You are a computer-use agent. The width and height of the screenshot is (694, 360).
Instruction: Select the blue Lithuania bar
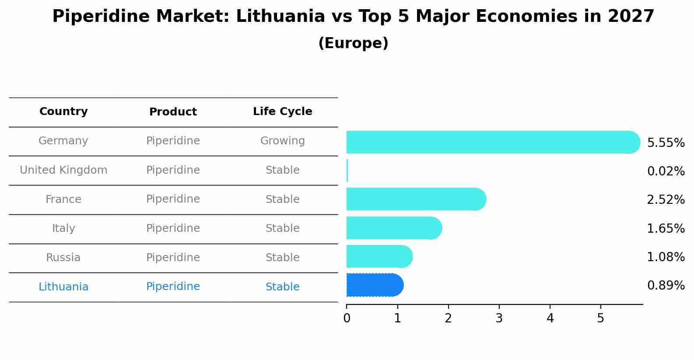pos(375,285)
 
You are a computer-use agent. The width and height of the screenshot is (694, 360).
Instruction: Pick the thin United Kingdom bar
pos(347,171)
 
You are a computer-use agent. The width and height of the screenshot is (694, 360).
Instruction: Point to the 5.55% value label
pos(666,143)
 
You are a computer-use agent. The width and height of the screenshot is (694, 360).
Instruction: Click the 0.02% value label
pos(666,171)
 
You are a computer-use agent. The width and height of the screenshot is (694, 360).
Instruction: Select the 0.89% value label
pos(666,286)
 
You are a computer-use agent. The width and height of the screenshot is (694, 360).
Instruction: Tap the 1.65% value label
pos(666,228)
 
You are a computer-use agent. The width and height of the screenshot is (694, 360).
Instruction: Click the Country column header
pos(63,112)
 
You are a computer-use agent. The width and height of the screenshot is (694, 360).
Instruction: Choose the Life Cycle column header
pos(282,112)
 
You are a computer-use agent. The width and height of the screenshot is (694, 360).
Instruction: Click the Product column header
pos(173,112)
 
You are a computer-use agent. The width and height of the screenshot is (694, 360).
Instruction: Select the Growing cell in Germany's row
pos(282,141)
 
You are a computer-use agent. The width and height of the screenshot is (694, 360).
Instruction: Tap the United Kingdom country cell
pos(63,170)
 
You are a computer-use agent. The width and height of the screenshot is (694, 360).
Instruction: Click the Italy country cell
pos(63,228)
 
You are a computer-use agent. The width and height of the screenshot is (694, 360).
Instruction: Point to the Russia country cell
pos(63,258)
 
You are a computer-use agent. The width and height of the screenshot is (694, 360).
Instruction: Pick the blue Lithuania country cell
pos(63,287)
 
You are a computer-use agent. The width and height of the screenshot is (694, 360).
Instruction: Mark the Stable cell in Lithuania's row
pos(282,287)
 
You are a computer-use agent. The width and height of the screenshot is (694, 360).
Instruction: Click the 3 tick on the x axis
pos(499,318)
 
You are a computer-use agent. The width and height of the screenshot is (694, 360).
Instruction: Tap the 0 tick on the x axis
pos(347,318)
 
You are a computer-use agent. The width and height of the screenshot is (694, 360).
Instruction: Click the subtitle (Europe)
pos(353,43)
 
